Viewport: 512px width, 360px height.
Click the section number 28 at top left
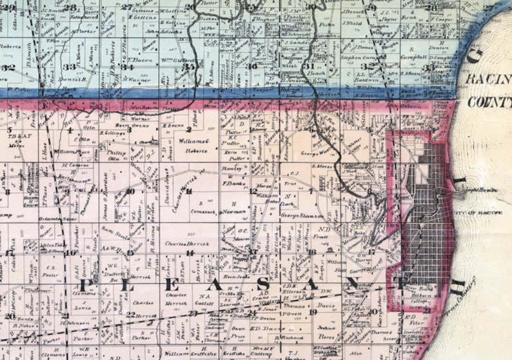click(70, 8)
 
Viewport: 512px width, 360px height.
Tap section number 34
click(128, 67)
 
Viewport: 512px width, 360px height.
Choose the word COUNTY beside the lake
click(489, 102)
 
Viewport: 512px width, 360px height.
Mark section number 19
click(313, 312)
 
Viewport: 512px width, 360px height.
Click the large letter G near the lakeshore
click(474, 57)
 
